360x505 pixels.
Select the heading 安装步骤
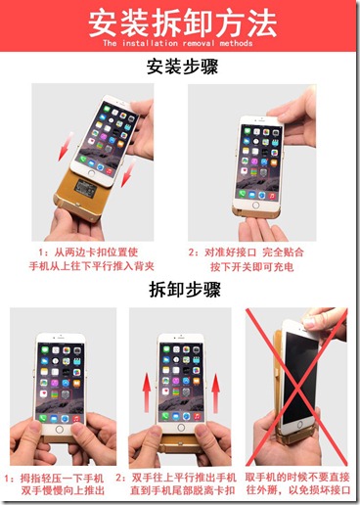[180, 69]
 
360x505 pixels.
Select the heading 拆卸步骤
[180, 290]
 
